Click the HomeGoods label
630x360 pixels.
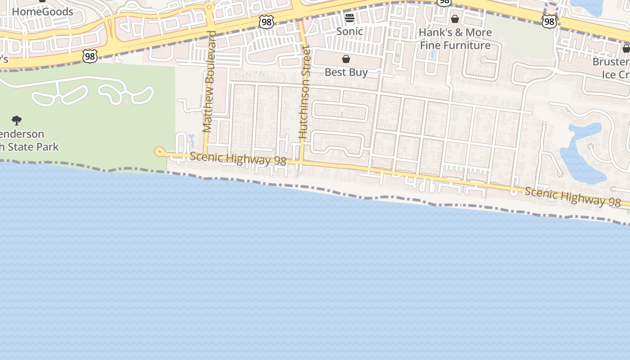point(42,12)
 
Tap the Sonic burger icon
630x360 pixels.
point(350,18)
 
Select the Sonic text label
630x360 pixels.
point(350,31)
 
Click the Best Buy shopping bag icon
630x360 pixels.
point(346,59)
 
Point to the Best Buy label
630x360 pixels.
point(346,72)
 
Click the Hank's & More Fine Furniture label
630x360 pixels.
point(455,39)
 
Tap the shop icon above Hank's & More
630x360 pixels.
point(455,19)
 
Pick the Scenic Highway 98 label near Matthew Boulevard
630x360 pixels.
point(238,159)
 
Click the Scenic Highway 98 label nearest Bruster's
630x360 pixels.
point(572,197)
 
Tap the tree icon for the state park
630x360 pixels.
point(17,121)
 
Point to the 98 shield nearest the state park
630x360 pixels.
point(90,56)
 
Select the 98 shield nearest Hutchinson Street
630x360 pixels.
point(266,22)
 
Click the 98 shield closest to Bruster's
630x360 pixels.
point(549,21)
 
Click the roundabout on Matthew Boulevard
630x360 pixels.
point(208,7)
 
